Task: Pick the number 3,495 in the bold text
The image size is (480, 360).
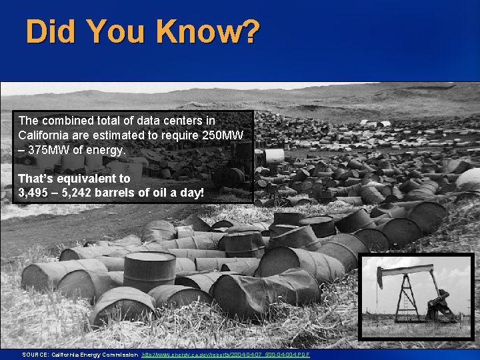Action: point(35,193)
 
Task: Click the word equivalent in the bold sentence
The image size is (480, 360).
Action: point(81,179)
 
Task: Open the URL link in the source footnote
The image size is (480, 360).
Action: point(226,354)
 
